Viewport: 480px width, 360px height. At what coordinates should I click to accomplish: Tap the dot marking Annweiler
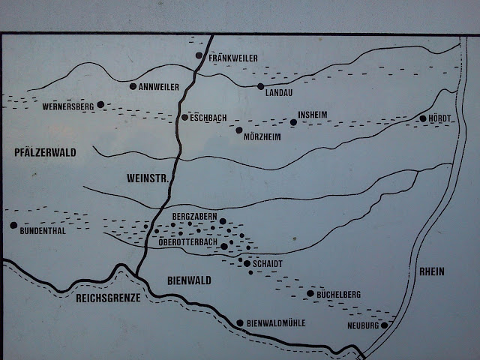pyautogui.click(x=133, y=86)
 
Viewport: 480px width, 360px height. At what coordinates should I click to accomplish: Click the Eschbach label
pyautogui.click(x=209, y=118)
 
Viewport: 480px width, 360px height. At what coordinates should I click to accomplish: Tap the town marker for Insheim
pyautogui.click(x=292, y=122)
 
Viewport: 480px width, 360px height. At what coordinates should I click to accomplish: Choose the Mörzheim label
pyautogui.click(x=262, y=137)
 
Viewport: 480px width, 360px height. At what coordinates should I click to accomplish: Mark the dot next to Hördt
pyautogui.click(x=423, y=118)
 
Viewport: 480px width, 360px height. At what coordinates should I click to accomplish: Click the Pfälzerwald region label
pyautogui.click(x=46, y=152)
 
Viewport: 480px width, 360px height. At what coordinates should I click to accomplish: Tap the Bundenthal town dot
pyautogui.click(x=13, y=225)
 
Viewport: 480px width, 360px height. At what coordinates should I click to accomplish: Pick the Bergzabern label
pyautogui.click(x=193, y=216)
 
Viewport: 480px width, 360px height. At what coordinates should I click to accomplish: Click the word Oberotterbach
pyautogui.click(x=189, y=241)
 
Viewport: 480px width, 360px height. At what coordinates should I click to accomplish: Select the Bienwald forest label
pyautogui.click(x=188, y=280)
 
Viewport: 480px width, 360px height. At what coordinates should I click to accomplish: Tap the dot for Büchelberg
pyautogui.click(x=310, y=293)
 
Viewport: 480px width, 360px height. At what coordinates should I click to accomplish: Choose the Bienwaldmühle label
pyautogui.click(x=276, y=323)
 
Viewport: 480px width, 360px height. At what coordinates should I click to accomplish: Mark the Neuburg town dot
pyautogui.click(x=384, y=325)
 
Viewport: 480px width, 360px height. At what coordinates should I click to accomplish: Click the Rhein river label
pyautogui.click(x=433, y=271)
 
